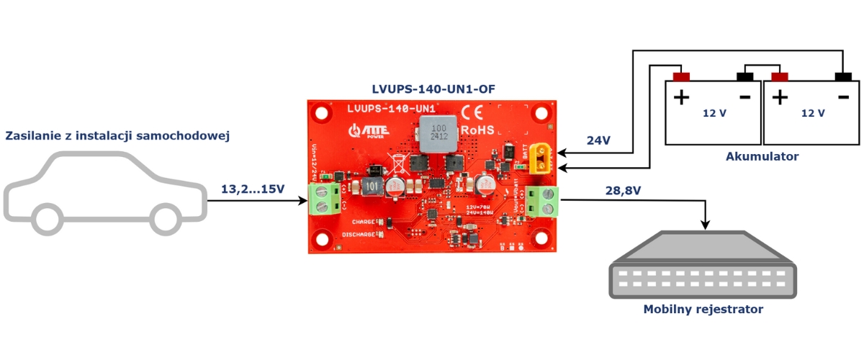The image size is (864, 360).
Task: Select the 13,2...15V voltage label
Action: coord(253,189)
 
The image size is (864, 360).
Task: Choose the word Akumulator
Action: coord(762,156)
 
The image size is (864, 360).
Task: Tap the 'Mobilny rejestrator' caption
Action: coord(703,310)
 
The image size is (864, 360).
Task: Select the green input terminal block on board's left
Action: coord(325,199)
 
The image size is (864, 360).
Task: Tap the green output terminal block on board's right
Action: coord(541,201)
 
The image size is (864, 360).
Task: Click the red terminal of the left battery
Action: coord(681,77)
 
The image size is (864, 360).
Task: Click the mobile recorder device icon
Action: coord(703,266)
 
